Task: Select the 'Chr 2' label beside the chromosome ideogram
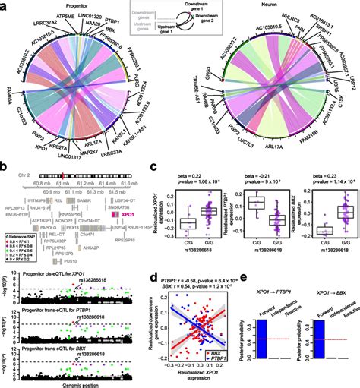click(x=26, y=174)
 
